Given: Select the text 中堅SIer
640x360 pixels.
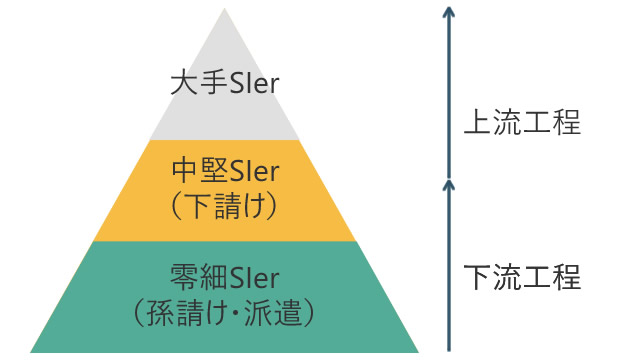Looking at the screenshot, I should tap(224, 171).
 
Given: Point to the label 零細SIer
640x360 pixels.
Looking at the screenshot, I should tap(224, 275).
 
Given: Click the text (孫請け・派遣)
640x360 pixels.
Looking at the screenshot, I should tap(224, 311).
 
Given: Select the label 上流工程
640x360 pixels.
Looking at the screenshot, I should tap(522, 124).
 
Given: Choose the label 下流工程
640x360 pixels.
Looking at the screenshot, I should tap(522, 277).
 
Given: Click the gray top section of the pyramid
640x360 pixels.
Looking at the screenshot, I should tap(224, 110).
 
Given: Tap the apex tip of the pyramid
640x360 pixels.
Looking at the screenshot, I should tap(224, 11).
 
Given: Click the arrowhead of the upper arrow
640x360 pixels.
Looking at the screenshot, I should tap(449, 12).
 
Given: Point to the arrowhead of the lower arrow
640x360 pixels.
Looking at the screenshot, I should tap(449, 184).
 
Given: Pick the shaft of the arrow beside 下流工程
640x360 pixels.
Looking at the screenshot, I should tap(449, 270).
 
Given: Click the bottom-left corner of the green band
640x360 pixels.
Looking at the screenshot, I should tap(33, 350).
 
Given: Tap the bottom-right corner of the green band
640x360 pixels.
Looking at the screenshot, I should tap(416, 350).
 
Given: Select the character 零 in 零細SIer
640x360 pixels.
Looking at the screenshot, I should tap(183, 275).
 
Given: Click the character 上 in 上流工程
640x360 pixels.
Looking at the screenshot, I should tap(477, 124).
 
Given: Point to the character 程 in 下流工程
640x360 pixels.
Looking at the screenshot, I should tap(566, 277).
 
